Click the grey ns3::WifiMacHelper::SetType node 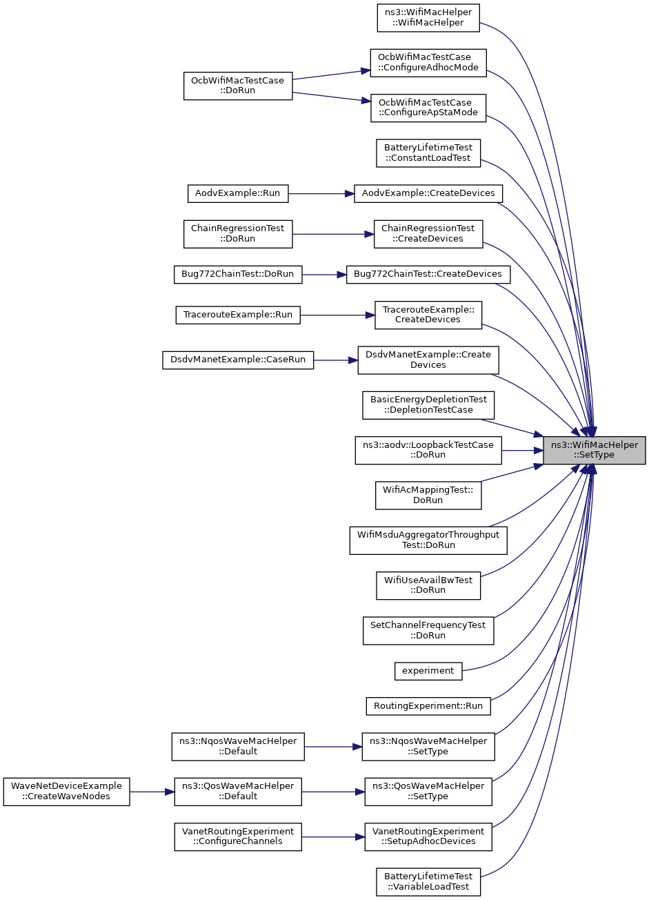(x=594, y=451)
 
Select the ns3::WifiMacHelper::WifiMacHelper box (x=428, y=18)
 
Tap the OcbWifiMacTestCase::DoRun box (x=238, y=86)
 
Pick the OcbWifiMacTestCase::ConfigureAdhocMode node (x=428, y=63)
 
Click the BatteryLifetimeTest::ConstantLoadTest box (x=428, y=153)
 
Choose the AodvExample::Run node (x=238, y=194)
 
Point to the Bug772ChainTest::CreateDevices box (x=428, y=275)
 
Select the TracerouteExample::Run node (x=238, y=315)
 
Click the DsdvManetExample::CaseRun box (x=238, y=360)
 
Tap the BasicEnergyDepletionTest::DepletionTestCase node (x=428, y=405)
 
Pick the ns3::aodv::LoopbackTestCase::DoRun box (x=428, y=451)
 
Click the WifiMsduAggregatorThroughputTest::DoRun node (x=428, y=540)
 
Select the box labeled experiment (x=428, y=671)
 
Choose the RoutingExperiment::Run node (x=428, y=706)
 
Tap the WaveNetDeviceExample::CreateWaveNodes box (x=67, y=792)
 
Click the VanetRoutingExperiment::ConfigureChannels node (x=238, y=837)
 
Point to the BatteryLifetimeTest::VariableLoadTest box (x=428, y=882)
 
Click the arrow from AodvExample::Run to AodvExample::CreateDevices (x=321, y=194)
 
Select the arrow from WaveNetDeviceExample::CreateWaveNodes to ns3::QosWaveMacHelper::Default (x=152, y=792)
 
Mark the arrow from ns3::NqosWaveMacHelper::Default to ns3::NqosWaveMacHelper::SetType (x=333, y=747)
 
